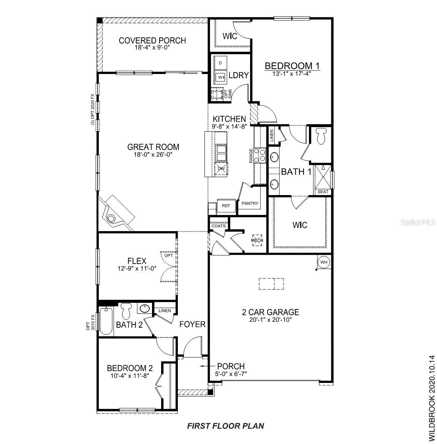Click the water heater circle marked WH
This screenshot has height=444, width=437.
[323, 262]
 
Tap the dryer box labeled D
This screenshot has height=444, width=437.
[220, 63]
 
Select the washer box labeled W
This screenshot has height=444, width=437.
[220, 77]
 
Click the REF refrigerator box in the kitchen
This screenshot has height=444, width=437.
[226, 206]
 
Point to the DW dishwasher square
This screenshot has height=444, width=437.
[221, 169]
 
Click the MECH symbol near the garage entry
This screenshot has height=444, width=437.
[257, 240]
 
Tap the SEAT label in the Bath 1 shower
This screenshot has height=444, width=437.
[323, 192]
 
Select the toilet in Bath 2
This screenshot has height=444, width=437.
[126, 311]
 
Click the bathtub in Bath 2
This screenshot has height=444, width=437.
[106, 321]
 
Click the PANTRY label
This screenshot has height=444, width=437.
[250, 203]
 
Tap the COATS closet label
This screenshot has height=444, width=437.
[218, 226]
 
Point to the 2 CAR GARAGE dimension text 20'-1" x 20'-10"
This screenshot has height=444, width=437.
[271, 320]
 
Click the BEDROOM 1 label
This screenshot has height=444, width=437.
[292, 66]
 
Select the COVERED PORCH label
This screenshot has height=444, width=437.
[152, 41]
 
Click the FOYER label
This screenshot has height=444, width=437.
[192, 324]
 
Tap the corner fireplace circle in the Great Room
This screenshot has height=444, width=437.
[111, 218]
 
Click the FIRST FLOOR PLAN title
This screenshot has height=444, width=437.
[226, 425]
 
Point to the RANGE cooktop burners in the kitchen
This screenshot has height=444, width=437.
[260, 156]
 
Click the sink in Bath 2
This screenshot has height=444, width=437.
[145, 308]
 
